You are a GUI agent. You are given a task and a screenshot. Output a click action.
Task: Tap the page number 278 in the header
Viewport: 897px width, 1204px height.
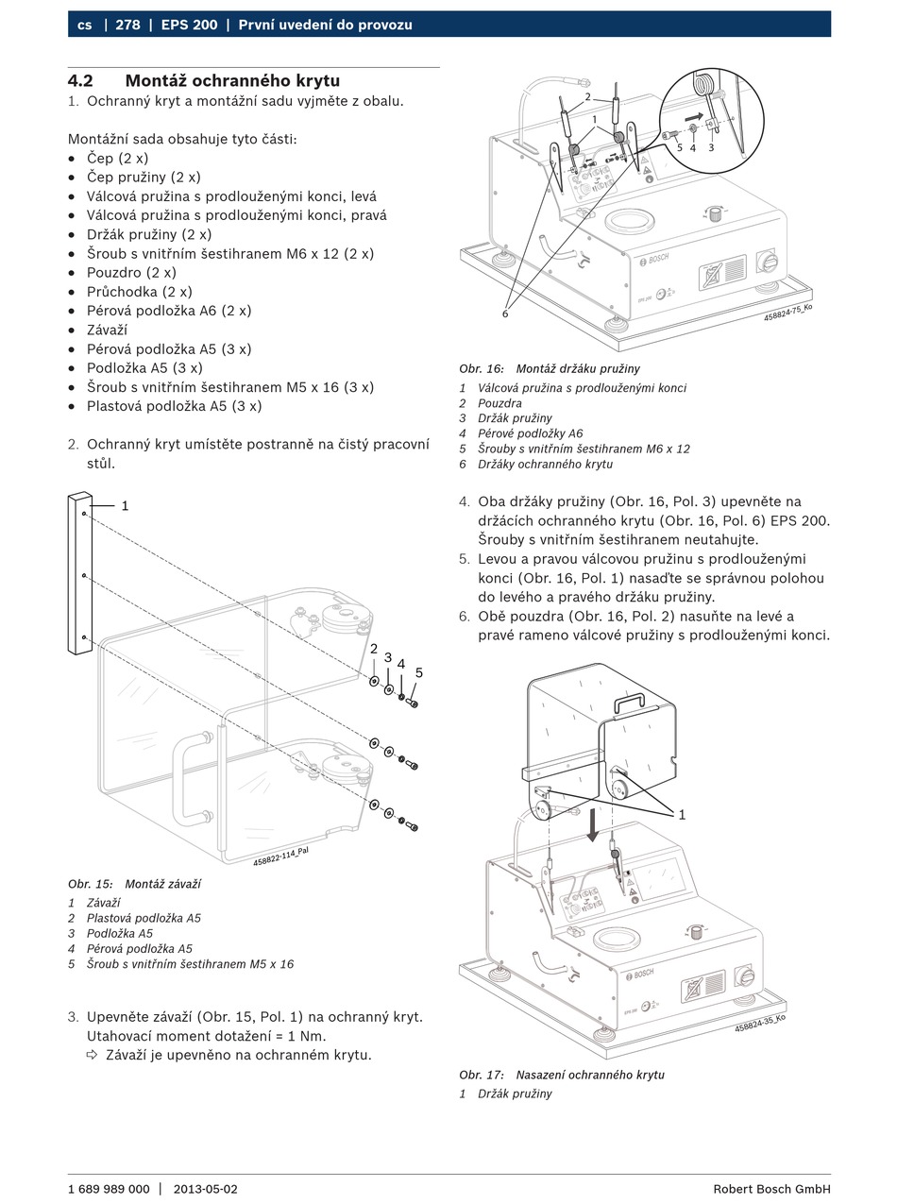pyautogui.click(x=127, y=25)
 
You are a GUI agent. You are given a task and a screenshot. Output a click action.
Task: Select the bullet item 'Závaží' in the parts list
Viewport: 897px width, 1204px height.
pyautogui.click(x=107, y=330)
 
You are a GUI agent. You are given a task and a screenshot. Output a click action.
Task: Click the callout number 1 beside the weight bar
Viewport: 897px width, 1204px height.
pyautogui.click(x=125, y=506)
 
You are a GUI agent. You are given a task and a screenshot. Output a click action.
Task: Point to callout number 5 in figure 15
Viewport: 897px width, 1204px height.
pyautogui.click(x=419, y=672)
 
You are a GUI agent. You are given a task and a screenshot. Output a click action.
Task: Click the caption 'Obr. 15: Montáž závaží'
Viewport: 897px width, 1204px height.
pyautogui.click(x=134, y=884)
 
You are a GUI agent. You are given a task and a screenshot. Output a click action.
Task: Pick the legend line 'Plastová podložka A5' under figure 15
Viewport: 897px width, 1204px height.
pyautogui.click(x=144, y=918)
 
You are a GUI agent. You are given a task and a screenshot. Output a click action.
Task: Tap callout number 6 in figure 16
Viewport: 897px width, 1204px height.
pyautogui.click(x=505, y=314)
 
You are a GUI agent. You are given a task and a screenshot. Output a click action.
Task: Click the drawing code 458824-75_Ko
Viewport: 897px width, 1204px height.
pyautogui.click(x=787, y=313)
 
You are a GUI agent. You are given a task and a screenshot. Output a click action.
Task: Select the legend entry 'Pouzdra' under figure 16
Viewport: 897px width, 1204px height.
pyautogui.click(x=499, y=403)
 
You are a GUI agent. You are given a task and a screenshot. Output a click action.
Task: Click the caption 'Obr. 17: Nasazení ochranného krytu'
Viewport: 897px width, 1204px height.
pyautogui.click(x=562, y=1075)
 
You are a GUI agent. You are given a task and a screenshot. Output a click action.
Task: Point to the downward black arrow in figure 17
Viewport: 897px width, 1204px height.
pyautogui.click(x=592, y=823)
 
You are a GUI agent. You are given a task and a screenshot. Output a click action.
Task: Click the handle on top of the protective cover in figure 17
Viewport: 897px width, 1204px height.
pyautogui.click(x=629, y=701)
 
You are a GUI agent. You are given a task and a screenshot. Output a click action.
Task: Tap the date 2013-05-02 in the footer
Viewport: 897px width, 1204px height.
pyautogui.click(x=206, y=1189)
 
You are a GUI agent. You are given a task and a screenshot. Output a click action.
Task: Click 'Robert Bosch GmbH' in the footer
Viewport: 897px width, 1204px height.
pyautogui.click(x=771, y=1189)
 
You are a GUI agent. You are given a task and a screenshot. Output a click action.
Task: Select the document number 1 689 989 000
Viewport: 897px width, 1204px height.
pyautogui.click(x=109, y=1189)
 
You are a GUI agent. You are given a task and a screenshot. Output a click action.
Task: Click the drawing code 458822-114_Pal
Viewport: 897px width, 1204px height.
pyautogui.click(x=280, y=856)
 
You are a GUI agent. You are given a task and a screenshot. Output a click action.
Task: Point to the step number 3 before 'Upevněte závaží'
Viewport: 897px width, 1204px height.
pyautogui.click(x=73, y=1017)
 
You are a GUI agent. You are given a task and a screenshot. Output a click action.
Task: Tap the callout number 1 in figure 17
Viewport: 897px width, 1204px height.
pyautogui.click(x=682, y=814)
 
